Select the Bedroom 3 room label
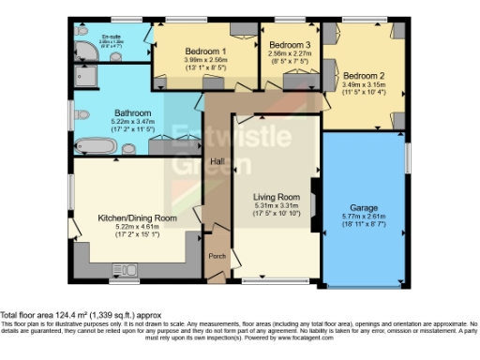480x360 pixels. click(x=289, y=45)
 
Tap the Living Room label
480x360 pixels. click(x=276, y=195)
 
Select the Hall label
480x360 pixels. click(x=217, y=161)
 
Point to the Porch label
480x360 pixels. click(x=217, y=254)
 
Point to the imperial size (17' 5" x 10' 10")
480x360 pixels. click(x=276, y=214)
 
